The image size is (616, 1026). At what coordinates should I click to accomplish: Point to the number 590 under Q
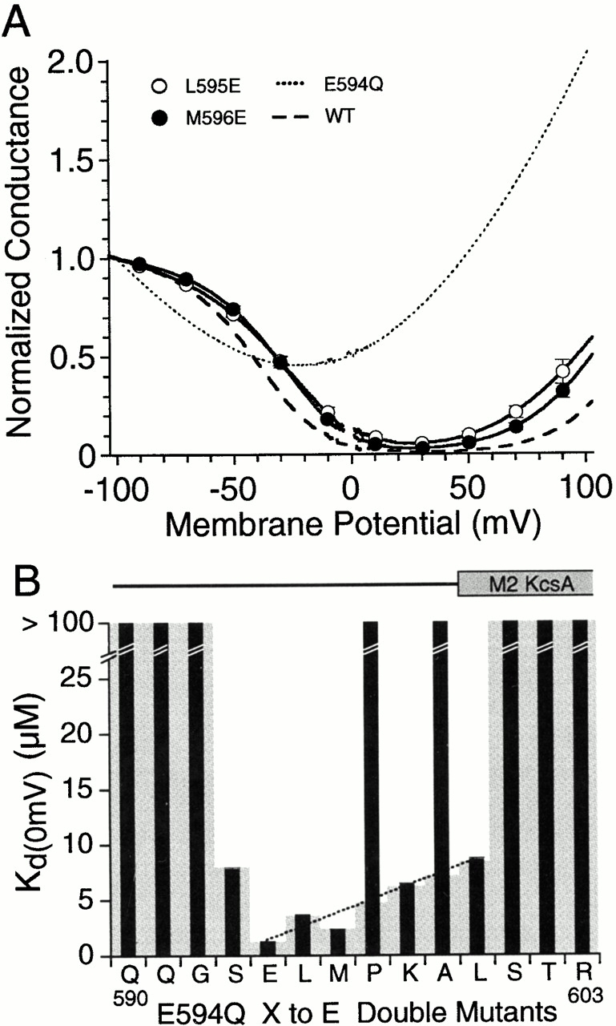126,992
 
